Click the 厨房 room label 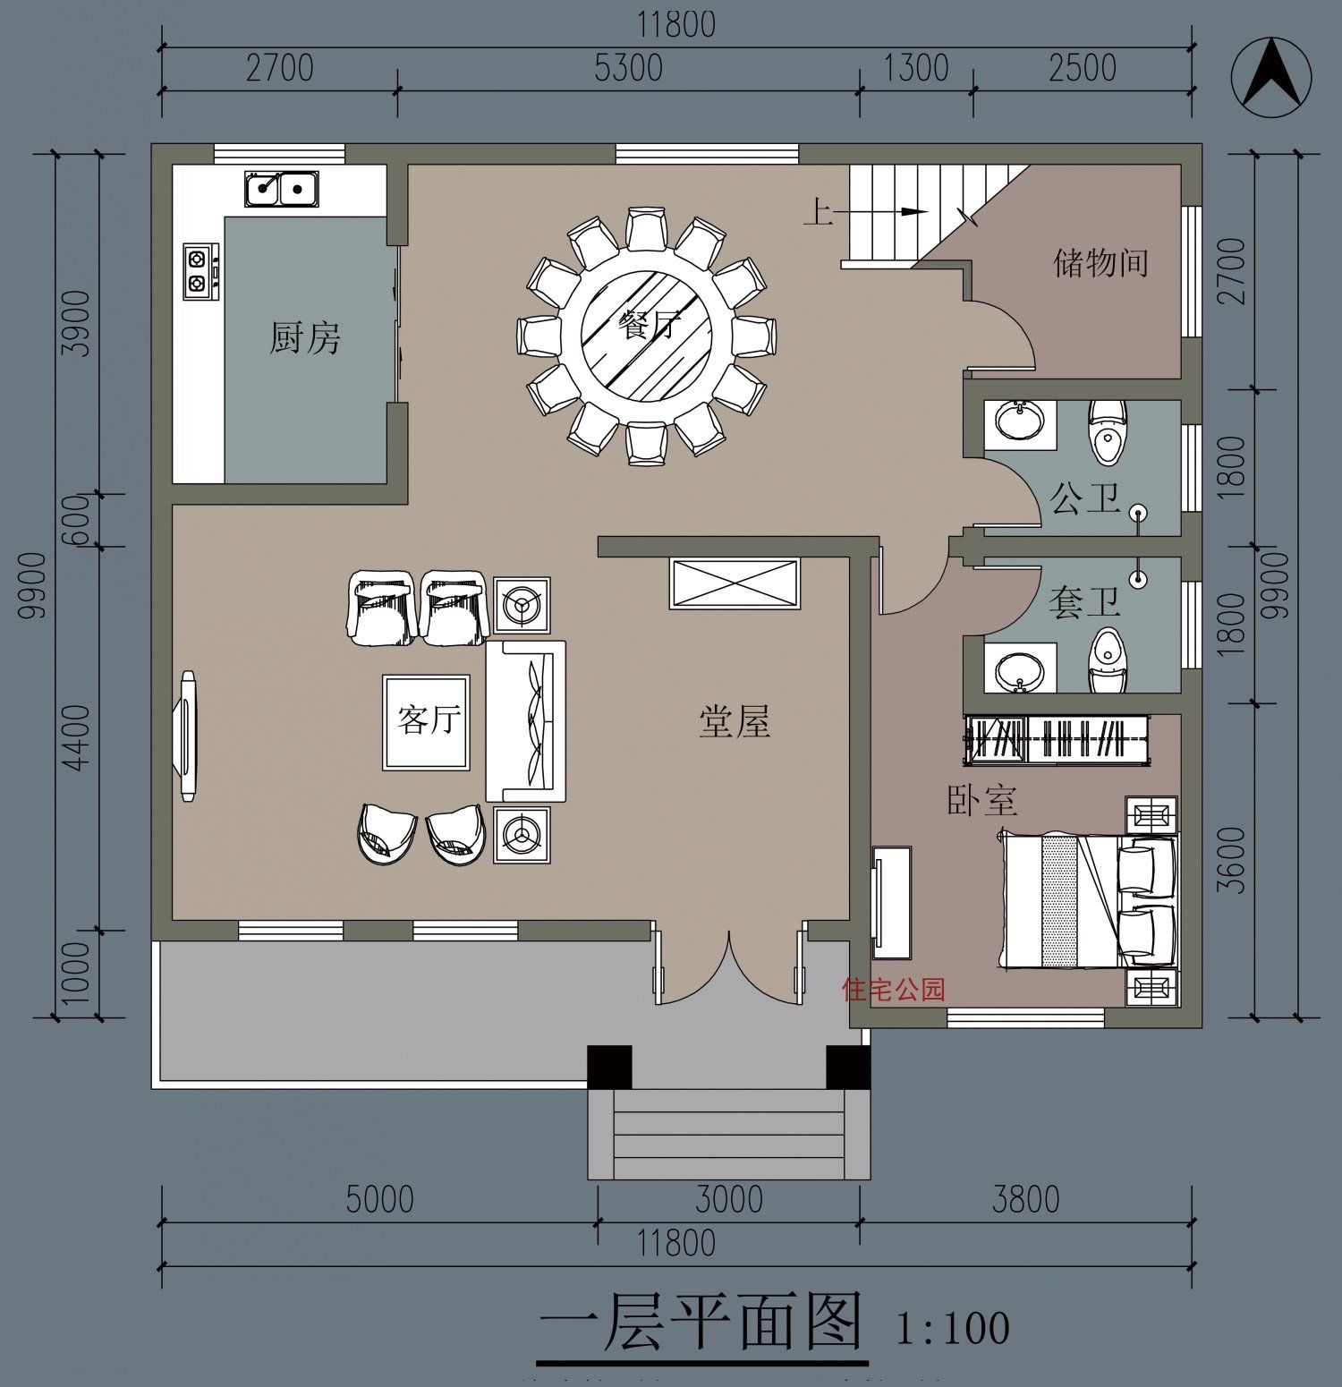[305, 338]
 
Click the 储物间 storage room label [1100, 263]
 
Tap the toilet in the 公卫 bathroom [1108, 432]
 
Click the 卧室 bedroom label [981, 800]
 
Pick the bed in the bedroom [1087, 901]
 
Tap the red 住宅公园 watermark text [893, 990]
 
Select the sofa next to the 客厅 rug [526, 721]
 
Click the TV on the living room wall [188, 736]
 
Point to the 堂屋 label [734, 721]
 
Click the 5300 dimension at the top [628, 69]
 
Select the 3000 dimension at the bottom [728, 1200]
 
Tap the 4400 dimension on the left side [78, 736]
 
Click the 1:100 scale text [952, 1328]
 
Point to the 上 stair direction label [818, 212]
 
